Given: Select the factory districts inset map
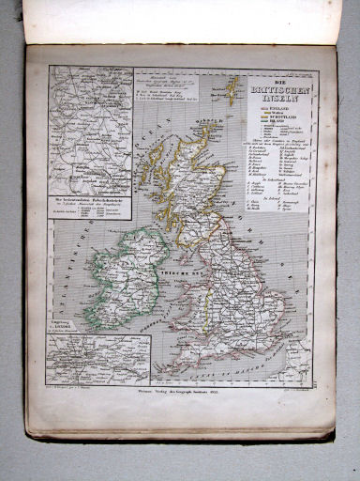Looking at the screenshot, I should click(90, 131).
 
